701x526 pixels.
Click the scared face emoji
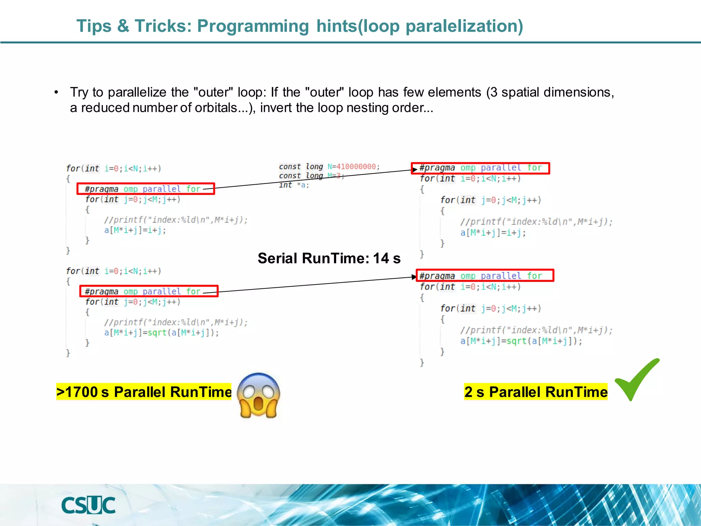[x=258, y=396]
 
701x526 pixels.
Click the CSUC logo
[x=88, y=505]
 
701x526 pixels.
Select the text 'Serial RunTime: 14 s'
[x=329, y=258]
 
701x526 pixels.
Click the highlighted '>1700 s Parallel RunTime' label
[x=144, y=392]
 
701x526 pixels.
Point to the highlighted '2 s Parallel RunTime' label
[x=536, y=392]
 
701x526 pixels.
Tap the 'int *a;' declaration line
[x=294, y=185]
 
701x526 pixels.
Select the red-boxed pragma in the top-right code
[x=480, y=168]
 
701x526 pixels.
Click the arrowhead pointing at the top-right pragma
[x=415, y=170]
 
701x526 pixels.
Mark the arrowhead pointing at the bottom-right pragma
[x=414, y=277]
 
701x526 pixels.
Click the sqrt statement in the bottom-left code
[x=161, y=333]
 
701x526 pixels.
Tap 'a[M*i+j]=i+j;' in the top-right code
[x=493, y=233]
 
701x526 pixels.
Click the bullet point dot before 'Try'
[x=56, y=92]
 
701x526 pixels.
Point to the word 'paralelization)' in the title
[x=464, y=26]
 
